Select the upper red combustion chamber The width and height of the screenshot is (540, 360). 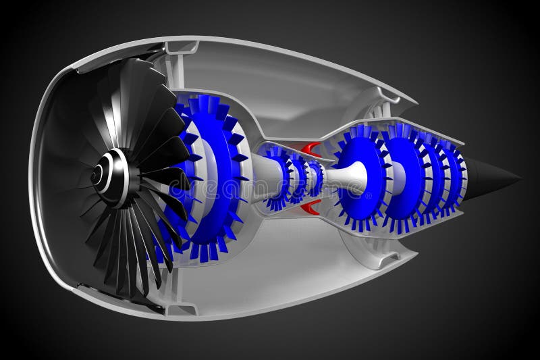[310, 149]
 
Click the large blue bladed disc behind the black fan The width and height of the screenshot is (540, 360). [209, 177]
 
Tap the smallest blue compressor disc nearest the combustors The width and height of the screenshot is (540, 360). [314, 177]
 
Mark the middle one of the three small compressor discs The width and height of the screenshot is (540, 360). [298, 178]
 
